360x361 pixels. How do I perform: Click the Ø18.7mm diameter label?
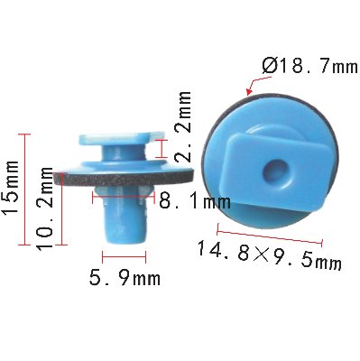(310, 67)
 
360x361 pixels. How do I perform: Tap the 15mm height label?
(11, 186)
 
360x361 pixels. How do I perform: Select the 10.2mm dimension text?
(44, 208)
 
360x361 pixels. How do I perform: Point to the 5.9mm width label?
(125, 279)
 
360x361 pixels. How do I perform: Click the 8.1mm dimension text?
(195, 201)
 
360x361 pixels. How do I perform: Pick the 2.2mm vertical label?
(183, 125)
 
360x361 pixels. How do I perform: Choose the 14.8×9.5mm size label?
(269, 255)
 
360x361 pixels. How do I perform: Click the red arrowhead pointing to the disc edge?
(248, 92)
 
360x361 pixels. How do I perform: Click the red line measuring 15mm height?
(24, 190)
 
